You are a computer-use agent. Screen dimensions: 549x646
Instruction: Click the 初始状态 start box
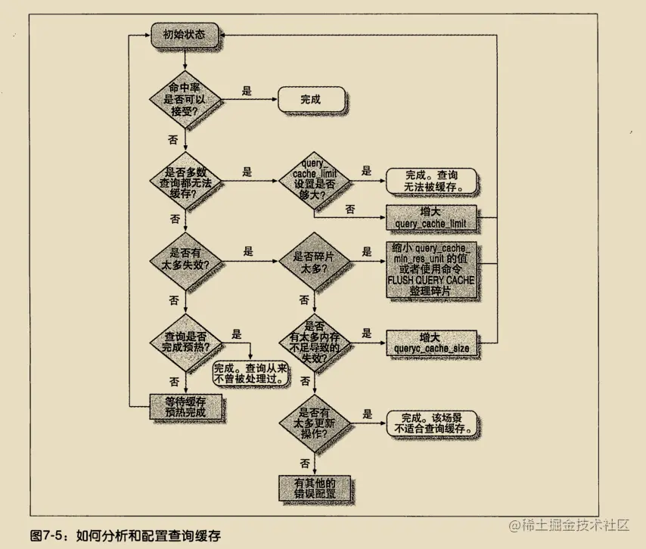point(184,35)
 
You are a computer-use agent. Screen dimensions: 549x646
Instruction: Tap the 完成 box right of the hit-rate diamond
point(311,99)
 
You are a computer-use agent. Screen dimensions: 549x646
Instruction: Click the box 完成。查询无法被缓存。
point(431,179)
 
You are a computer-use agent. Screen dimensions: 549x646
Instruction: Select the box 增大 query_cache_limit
point(431,217)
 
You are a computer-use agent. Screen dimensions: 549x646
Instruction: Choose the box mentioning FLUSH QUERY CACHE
point(431,270)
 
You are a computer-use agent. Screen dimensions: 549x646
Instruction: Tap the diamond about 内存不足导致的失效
point(313,343)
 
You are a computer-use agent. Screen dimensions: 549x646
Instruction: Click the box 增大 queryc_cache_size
point(431,343)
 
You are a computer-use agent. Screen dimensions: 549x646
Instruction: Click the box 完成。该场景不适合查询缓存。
point(431,422)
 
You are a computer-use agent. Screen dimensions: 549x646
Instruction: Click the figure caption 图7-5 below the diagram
point(127,534)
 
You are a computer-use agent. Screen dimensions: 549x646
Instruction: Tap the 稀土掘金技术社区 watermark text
point(575,525)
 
